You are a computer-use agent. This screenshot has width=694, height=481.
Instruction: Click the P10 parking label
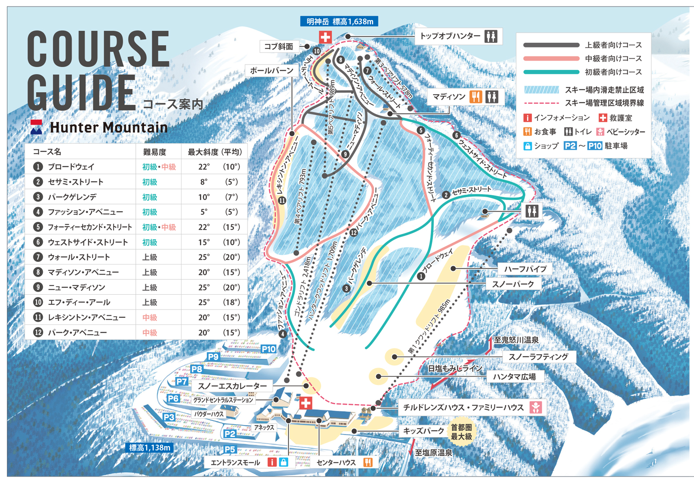pos(268,349)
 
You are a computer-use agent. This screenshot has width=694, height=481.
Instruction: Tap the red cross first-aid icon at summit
pos(325,37)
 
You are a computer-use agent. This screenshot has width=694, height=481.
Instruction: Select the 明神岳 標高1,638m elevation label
pos(339,21)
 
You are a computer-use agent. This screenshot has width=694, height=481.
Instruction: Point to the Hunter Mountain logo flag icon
pos(36,127)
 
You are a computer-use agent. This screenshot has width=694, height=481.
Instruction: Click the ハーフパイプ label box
pos(525,269)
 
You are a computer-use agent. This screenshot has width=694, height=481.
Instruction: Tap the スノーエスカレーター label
pos(232,386)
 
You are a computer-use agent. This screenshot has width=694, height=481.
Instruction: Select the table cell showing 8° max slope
pos(203,182)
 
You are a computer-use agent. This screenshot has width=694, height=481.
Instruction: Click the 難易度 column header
pos(155,152)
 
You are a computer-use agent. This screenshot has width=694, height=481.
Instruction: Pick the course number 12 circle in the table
pos(38,333)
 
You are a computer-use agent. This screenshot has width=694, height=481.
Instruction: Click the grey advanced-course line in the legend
pos(551,45)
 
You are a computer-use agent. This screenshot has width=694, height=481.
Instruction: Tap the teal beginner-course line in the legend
pos(551,72)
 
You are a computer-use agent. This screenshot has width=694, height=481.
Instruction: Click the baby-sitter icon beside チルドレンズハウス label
pos(536,408)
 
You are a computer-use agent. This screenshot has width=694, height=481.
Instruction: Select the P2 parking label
pos(230,433)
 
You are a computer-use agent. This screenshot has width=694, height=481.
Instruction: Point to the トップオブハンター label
pos(450,36)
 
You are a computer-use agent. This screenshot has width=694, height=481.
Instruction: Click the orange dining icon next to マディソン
pos(476,97)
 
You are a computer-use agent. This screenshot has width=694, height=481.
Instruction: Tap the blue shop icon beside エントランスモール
pos(283,462)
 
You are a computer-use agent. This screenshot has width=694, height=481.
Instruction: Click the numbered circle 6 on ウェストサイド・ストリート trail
pos(457,135)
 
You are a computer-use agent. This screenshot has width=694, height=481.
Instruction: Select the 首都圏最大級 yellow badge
pos(461,432)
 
